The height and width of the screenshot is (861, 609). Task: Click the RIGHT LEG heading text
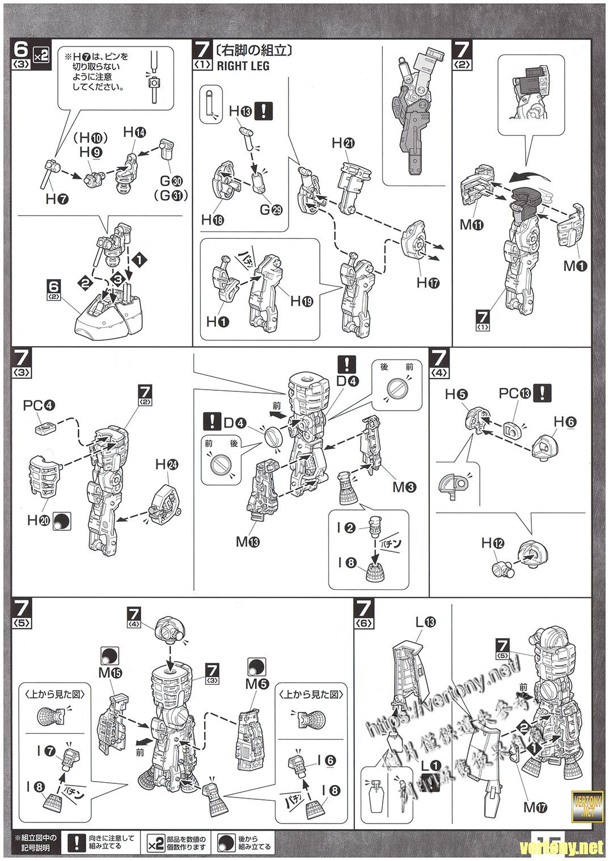point(243,66)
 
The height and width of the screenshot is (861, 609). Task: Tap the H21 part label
point(343,143)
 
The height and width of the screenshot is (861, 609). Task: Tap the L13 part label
point(425,623)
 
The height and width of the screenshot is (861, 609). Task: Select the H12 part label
point(493,543)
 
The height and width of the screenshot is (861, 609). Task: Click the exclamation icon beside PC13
point(545,392)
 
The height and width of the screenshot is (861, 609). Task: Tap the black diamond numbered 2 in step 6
point(85,282)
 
